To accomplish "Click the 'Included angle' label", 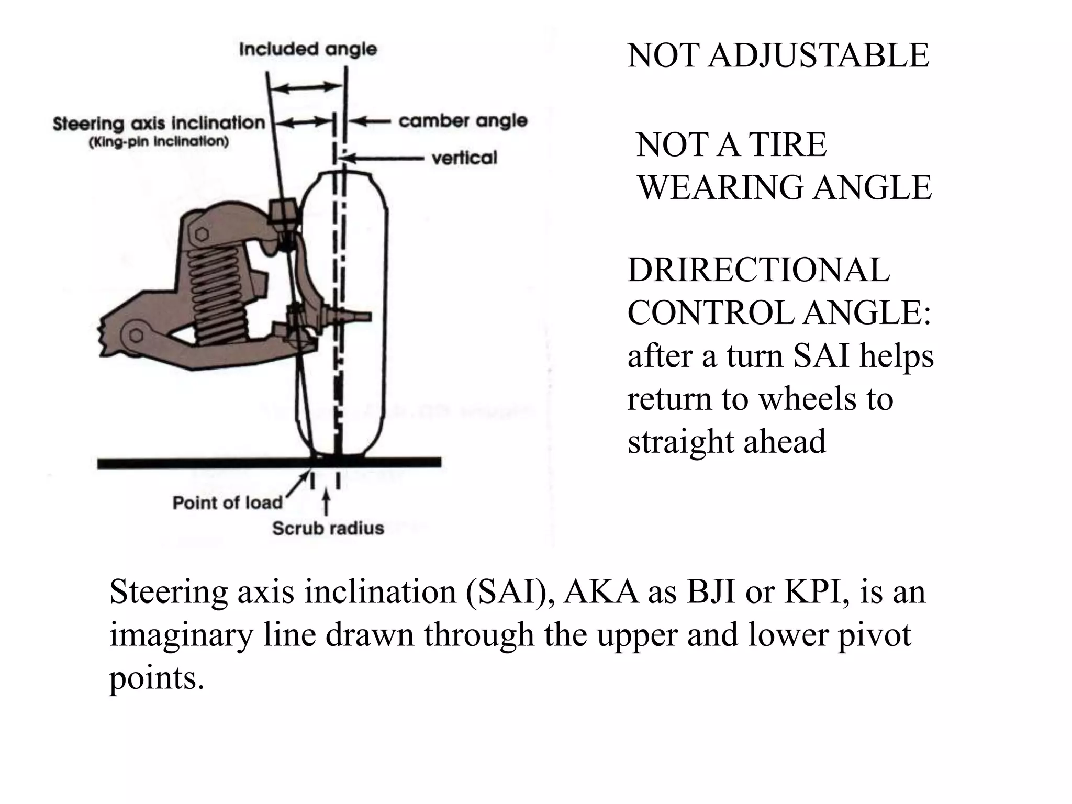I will pyautogui.click(x=308, y=49).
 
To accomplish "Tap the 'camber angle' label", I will pyautogui.click(x=463, y=121).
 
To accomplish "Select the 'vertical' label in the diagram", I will pyautogui.click(x=464, y=158).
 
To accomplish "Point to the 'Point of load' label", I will pyautogui.click(x=227, y=503).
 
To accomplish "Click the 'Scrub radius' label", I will pyautogui.click(x=328, y=528).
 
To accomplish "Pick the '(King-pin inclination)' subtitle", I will pyautogui.click(x=159, y=142).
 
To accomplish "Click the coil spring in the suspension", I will pyautogui.click(x=217, y=293).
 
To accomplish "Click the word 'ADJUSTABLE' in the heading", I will pyautogui.click(x=818, y=55).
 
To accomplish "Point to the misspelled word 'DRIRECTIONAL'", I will pyautogui.click(x=758, y=271).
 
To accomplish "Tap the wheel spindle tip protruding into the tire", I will pyautogui.click(x=361, y=316).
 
